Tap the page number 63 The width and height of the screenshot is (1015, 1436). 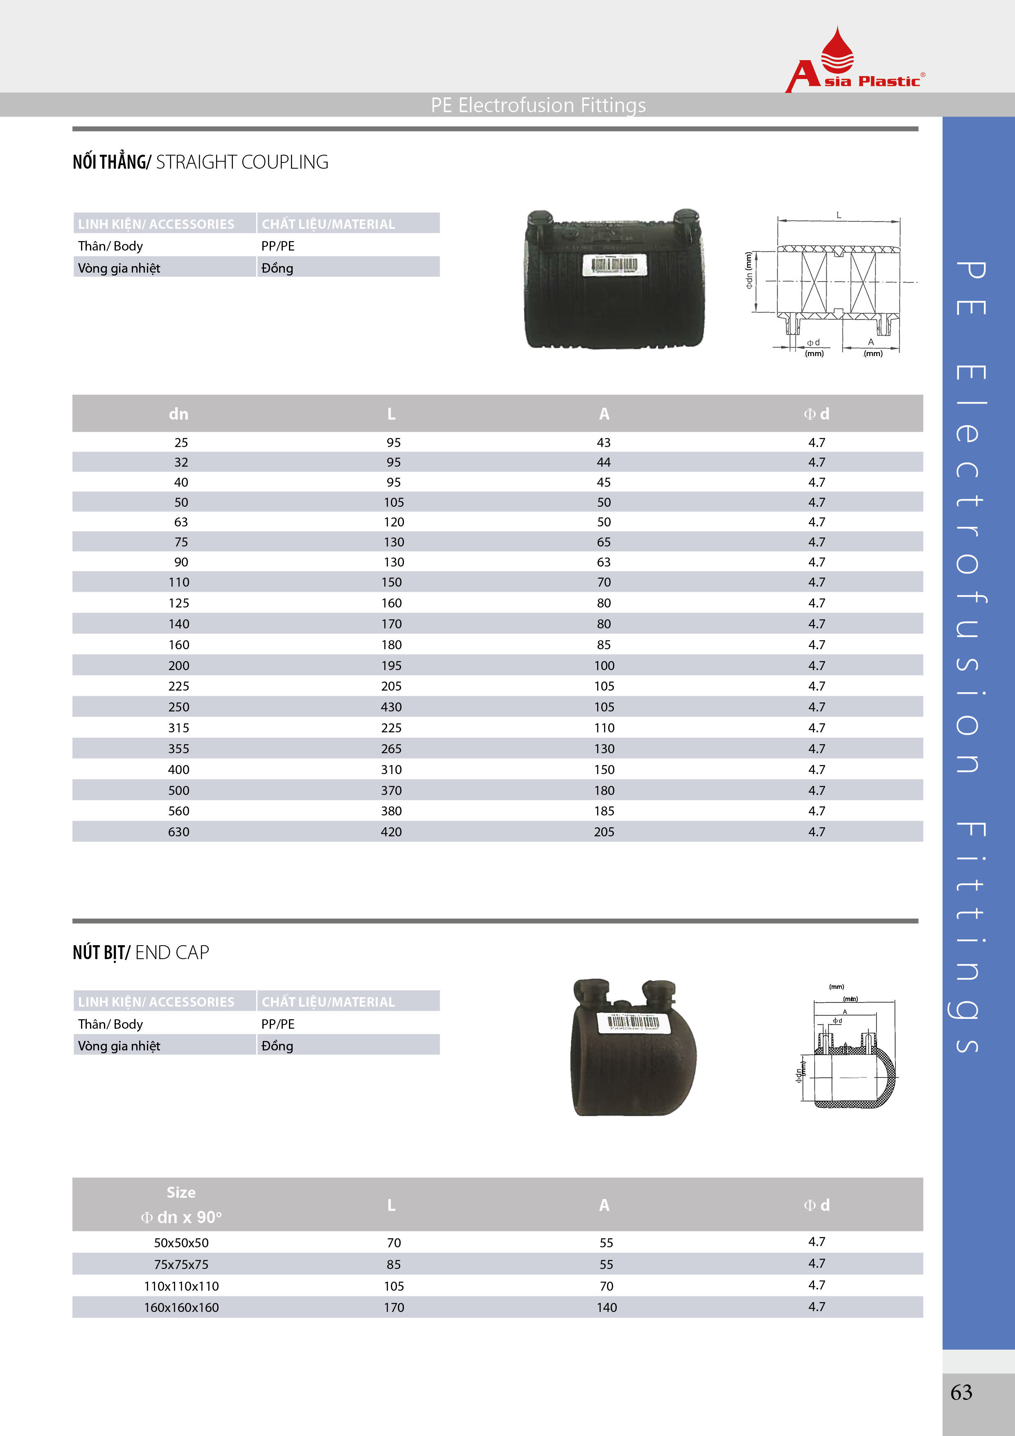(961, 1392)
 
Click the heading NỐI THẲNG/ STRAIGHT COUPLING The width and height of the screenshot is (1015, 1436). (200, 162)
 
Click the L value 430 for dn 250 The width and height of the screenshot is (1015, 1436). (392, 707)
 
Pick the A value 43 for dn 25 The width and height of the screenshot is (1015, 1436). (604, 442)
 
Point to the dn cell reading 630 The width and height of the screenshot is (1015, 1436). (179, 832)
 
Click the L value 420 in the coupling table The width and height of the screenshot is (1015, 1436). (392, 832)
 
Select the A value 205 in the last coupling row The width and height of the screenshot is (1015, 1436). (604, 832)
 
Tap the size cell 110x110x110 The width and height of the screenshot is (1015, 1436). (181, 1286)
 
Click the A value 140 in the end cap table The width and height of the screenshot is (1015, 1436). (607, 1307)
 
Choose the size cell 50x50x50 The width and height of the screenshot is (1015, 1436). (181, 1243)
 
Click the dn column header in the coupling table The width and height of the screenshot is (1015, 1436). (179, 413)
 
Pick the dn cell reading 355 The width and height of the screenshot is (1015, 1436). (179, 749)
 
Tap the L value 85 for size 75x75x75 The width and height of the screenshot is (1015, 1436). (393, 1264)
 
